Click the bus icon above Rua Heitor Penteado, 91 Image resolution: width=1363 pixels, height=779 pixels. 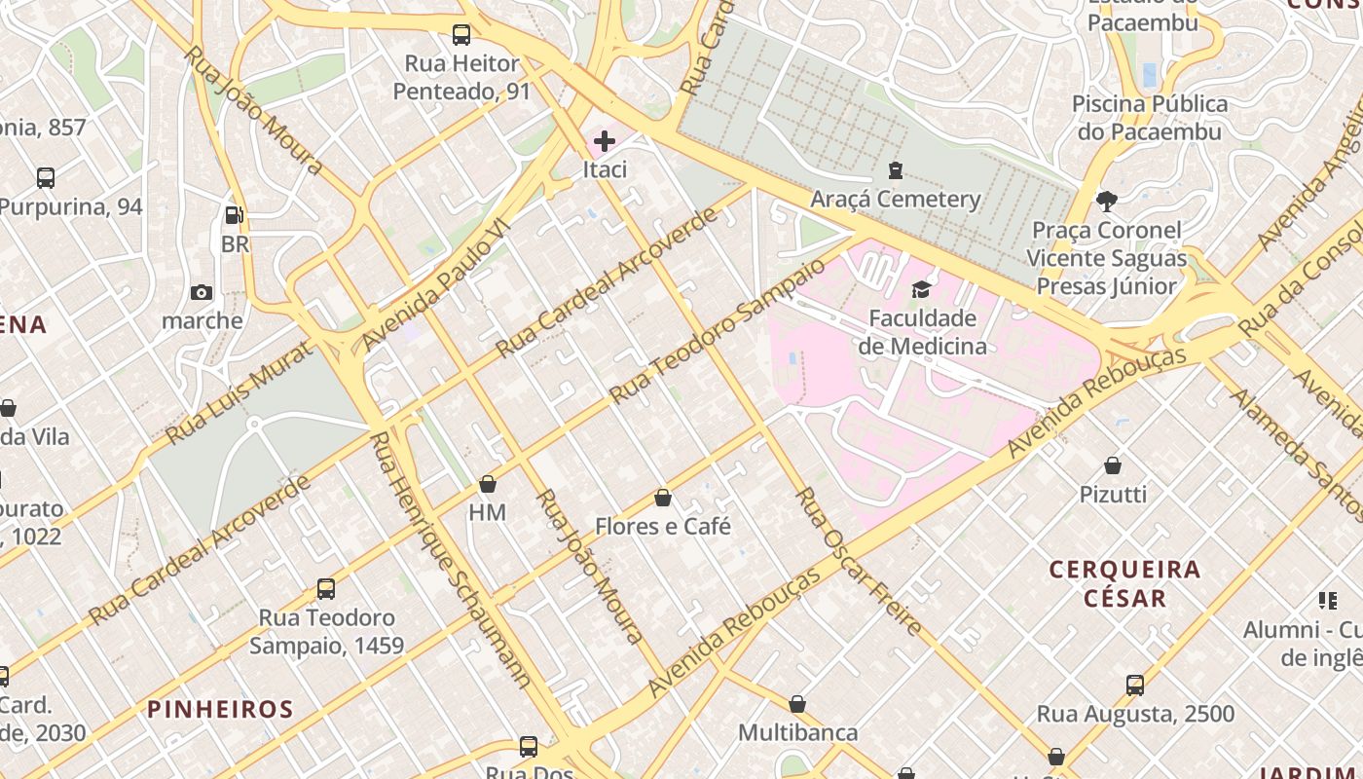(461, 35)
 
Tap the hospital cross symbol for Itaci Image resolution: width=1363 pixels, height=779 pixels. (605, 141)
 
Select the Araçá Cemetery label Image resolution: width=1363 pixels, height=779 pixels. (896, 199)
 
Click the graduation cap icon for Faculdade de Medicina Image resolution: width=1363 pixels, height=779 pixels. (921, 289)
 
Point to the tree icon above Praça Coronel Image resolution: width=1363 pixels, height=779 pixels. (1106, 202)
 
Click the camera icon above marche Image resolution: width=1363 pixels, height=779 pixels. (202, 292)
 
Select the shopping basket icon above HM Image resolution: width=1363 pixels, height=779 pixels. (488, 483)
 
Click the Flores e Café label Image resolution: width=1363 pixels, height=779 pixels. (662, 526)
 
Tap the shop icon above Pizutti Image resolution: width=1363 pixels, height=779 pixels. (1113, 465)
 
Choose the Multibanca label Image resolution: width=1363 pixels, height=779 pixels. (797, 732)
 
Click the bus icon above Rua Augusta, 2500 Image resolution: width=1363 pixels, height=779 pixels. (1135, 685)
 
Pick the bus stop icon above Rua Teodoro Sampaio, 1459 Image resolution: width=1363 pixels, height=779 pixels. (326, 589)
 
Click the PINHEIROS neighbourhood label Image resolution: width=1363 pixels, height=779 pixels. (220, 709)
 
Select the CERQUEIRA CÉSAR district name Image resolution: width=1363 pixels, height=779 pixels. (1124, 582)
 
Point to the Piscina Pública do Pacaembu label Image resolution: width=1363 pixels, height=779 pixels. (1150, 117)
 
